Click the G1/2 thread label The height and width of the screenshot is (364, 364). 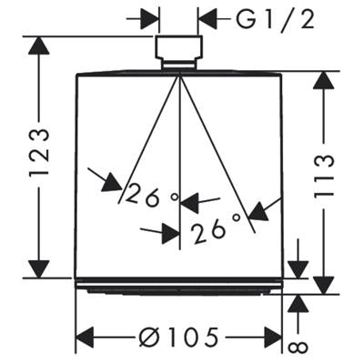tap(275, 20)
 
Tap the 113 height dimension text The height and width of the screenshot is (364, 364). tap(324, 177)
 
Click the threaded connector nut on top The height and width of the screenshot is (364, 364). tap(179, 47)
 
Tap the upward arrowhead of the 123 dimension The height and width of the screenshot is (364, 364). tap(39, 45)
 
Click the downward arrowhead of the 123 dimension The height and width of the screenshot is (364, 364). tap(39, 268)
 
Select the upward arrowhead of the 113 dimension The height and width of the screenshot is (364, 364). tap(324, 80)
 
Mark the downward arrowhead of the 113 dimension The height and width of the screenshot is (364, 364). tap(324, 285)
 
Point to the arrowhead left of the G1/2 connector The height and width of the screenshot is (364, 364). tap(150, 20)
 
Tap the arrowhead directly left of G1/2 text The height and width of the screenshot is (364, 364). tap(207, 20)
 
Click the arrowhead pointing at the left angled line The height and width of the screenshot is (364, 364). tap(113, 183)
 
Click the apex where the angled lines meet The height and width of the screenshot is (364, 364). tap(180, 74)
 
